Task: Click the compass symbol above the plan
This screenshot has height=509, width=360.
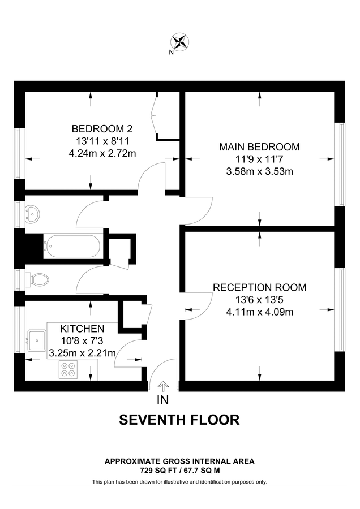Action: pos(181,41)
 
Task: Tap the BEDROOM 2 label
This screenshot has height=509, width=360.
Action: pos(102,128)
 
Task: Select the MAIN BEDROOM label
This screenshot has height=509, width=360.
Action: pos(259,147)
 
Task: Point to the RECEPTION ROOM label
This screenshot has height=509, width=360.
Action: pos(259,287)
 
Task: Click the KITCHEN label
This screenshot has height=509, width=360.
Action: pos(82,329)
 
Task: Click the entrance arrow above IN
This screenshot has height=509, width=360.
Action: pos(163,386)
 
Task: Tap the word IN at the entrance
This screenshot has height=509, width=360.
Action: pos(163,400)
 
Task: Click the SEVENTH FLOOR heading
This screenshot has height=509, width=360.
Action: pos(179,420)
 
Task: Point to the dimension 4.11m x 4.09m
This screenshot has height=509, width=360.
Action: pos(259,312)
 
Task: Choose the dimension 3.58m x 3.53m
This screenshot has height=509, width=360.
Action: pos(259,171)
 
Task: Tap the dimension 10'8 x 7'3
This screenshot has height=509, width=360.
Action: pos(82,341)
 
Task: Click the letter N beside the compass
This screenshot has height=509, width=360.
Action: pos(171,53)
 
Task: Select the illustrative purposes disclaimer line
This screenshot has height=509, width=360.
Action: pos(179,482)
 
